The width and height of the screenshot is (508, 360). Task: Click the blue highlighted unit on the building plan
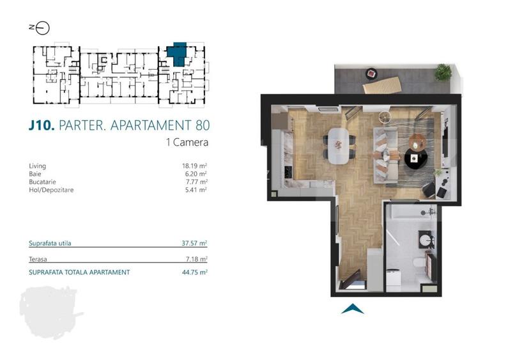pyautogui.click(x=178, y=52)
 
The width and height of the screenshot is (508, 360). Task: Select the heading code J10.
pyautogui.click(x=42, y=125)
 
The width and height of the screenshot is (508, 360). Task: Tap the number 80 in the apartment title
pyautogui.click(x=201, y=125)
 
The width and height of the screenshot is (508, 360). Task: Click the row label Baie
pyautogui.click(x=35, y=173)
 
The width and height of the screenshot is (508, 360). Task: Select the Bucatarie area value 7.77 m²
pyautogui.click(x=195, y=182)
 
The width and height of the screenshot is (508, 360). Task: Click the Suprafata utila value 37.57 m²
pyautogui.click(x=195, y=243)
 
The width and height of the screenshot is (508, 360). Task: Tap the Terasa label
pyautogui.click(x=39, y=259)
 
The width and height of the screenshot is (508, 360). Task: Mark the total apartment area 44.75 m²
pyautogui.click(x=195, y=272)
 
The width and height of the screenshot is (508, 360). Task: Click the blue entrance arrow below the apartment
pyautogui.click(x=352, y=309)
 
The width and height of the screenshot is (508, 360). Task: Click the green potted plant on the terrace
pyautogui.click(x=443, y=72)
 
